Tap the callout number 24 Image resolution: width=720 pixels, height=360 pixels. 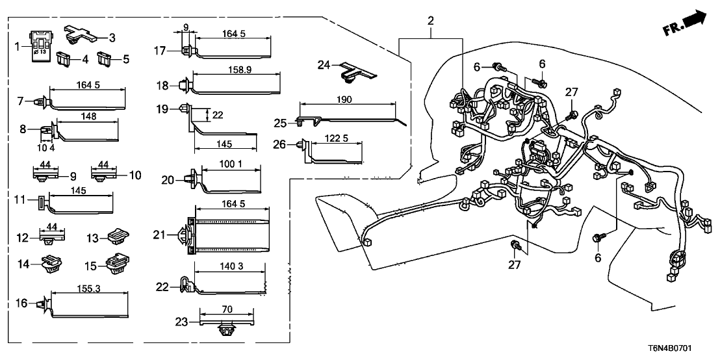[x=324, y=64]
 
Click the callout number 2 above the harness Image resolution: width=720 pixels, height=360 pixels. [x=430, y=21]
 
